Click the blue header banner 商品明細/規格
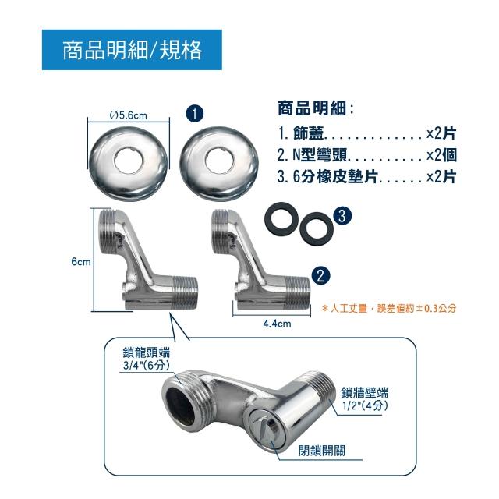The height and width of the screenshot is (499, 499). [x=132, y=50]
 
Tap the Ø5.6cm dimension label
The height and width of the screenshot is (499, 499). [x=129, y=115]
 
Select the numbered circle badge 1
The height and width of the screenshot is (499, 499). [x=194, y=114]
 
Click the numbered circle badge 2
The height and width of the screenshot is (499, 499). [x=320, y=275]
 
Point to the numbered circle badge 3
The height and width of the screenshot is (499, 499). [x=342, y=216]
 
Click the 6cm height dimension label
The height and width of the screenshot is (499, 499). [x=81, y=262]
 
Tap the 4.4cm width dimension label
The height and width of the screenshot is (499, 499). [x=277, y=324]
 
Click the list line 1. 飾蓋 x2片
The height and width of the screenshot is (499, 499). [x=367, y=133]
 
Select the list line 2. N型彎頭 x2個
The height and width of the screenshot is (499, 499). [x=367, y=155]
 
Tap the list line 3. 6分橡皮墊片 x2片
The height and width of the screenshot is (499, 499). [x=367, y=177]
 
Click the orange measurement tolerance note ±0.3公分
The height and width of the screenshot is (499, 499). [x=389, y=308]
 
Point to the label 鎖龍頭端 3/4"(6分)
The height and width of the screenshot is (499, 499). [x=147, y=359]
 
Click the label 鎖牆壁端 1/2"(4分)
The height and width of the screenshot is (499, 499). [x=365, y=399]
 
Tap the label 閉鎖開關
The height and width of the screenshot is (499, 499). [x=321, y=451]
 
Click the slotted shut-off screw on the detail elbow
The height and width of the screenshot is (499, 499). [x=264, y=427]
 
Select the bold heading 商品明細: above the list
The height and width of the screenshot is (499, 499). [x=315, y=108]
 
